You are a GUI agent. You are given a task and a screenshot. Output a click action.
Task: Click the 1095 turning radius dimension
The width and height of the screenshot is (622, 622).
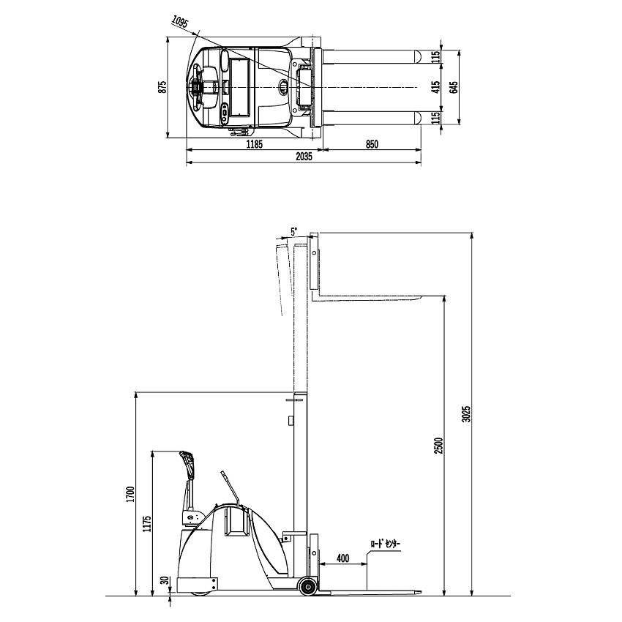tap(180, 21)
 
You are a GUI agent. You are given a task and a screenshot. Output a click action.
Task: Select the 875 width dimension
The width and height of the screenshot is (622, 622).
tap(162, 87)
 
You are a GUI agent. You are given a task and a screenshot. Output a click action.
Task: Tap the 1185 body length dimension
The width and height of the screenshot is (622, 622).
tap(254, 144)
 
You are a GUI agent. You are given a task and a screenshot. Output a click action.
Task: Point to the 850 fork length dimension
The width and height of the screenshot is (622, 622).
tap(372, 144)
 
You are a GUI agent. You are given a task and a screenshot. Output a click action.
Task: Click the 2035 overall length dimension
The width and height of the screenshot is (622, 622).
tap(304, 157)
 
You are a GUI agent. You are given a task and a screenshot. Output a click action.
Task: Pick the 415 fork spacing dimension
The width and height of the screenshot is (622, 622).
tap(436, 87)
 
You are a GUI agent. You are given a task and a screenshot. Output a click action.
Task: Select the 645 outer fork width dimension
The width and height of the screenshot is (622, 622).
tap(454, 87)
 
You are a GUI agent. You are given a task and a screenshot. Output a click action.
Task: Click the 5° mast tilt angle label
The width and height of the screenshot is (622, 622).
tap(293, 232)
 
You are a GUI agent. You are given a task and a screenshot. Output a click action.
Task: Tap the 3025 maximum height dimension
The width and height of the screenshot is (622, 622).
tap(467, 413)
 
